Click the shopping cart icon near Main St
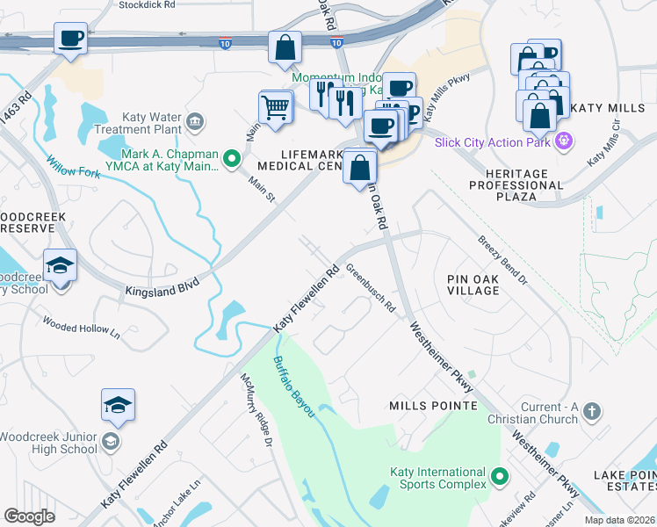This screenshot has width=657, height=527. point(276,108)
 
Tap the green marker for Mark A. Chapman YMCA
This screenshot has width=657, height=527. point(232,159)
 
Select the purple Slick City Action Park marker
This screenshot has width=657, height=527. point(564,141)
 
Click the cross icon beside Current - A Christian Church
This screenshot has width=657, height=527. point(593,410)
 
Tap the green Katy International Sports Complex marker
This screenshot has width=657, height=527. point(500,478)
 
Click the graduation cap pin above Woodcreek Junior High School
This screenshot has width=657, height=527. point(119,405)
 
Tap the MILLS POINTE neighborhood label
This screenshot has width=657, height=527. point(433,406)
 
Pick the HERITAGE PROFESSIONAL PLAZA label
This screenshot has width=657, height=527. point(515,185)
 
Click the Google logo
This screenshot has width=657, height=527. point(29,516)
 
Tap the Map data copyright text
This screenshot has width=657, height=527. point(619,519)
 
